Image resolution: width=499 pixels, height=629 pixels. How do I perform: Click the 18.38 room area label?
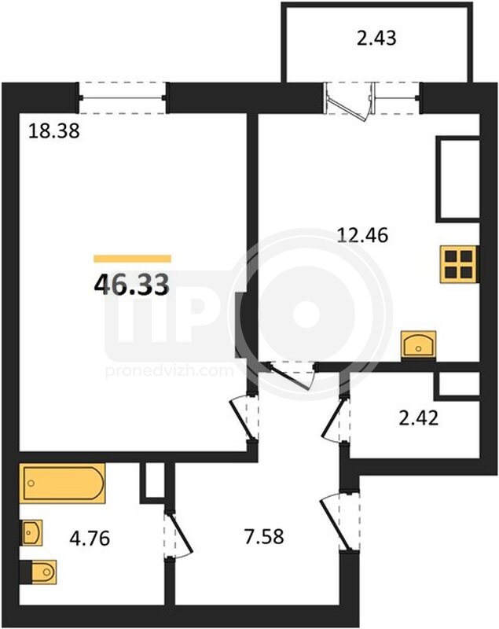tap(54, 131)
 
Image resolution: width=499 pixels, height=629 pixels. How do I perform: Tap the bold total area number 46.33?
tap(131, 285)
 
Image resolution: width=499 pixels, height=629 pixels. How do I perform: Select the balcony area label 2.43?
tap(376, 38)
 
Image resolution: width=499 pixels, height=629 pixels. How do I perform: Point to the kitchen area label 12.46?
tap(363, 235)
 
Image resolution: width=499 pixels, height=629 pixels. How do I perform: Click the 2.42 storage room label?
tap(419, 418)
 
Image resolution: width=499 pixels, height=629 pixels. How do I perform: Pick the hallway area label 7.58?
tap(264, 536)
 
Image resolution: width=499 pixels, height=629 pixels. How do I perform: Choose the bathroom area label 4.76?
tap(90, 538)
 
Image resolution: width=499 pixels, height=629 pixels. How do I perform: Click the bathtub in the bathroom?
tap(62, 483)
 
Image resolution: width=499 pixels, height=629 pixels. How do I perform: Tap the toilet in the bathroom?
tap(39, 572)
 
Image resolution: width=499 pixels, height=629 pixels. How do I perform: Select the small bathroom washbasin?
tap(31, 533)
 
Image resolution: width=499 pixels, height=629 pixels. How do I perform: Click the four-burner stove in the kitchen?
tap(460, 264)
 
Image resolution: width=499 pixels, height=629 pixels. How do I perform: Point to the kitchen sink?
tap(418, 344)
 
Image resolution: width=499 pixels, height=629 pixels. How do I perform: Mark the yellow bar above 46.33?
tap(132, 259)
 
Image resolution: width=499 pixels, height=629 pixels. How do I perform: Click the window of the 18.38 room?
tap(122, 97)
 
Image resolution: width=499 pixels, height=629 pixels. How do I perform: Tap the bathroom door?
tap(178, 534)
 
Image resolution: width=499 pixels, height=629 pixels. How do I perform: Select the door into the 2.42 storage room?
tap(335, 419)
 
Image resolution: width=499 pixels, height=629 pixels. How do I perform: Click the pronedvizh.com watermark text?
tap(169, 371)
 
